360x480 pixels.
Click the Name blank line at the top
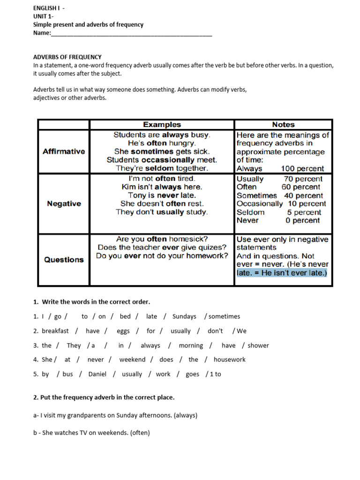coord(131,34)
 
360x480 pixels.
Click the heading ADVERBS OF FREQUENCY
coord(67,57)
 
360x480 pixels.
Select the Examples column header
coord(162,125)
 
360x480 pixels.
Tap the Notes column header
coord(283,125)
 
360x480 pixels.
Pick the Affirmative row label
coord(64,151)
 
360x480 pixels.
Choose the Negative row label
coord(64,204)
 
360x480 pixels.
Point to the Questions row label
coord(64,260)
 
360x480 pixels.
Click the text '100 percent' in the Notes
coord(302,169)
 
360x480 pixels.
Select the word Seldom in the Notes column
coord(251,212)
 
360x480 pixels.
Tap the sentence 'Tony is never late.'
coord(162,195)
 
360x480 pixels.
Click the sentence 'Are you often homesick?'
coord(162,239)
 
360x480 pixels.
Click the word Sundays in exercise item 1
coord(184,316)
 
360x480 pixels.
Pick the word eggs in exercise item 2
coord(123,331)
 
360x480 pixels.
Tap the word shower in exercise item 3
coord(258,345)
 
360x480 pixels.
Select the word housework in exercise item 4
coord(229,360)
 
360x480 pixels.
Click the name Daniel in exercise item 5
coord(97,374)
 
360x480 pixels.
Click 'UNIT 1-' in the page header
coord(43,16)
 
